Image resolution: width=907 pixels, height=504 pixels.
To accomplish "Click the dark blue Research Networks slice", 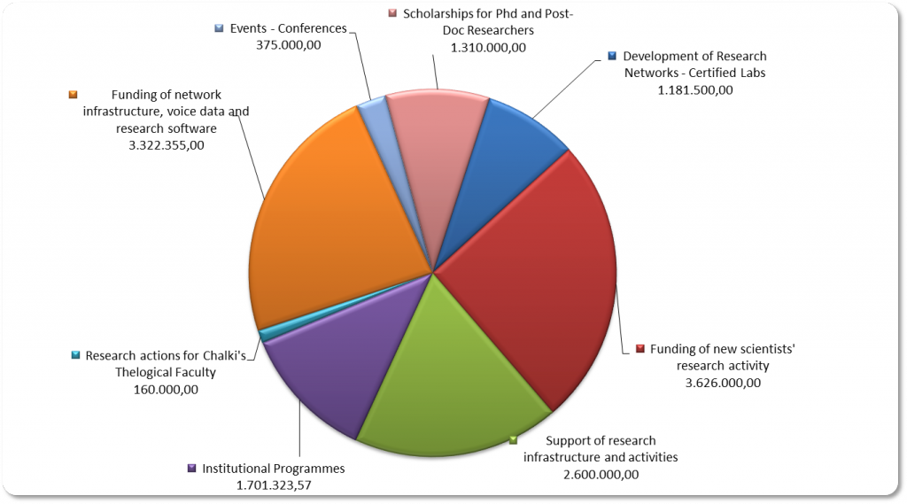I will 518,151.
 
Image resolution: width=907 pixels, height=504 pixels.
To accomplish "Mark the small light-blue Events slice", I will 373,115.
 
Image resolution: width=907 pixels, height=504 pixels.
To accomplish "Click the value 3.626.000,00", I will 723,383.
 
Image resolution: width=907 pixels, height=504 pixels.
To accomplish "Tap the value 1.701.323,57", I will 274,485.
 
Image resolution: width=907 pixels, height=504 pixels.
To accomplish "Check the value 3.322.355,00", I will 167,144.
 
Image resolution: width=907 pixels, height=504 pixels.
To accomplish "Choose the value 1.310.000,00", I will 488,47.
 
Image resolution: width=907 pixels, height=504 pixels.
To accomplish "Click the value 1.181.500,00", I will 694,89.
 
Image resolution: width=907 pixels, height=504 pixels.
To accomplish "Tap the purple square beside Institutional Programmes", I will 191,469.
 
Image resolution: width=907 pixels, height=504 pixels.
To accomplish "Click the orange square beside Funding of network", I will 74,95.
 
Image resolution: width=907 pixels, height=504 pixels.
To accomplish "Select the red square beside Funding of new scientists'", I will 640,349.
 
